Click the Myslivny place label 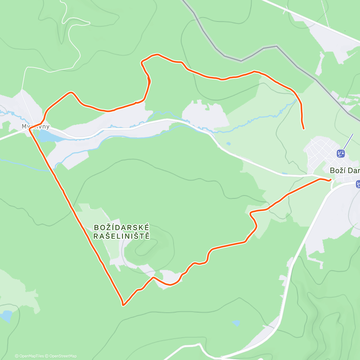point(35,127)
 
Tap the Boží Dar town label point(344,171)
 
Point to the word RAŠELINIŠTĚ point(121,236)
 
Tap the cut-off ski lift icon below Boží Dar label point(358,184)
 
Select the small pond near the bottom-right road point(236,323)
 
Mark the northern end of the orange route point(304,129)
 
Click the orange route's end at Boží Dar point(330,180)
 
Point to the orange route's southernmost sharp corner point(123,305)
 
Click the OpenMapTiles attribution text point(29,356)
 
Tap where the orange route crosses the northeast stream point(298,100)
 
